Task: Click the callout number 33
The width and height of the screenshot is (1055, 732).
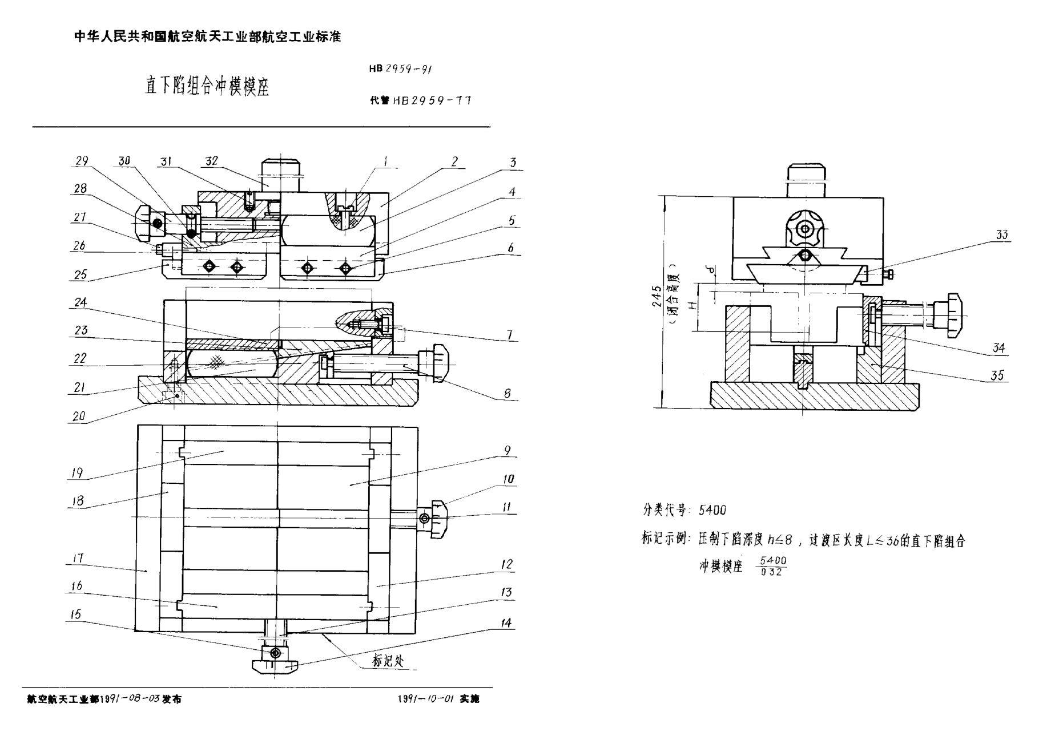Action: pyautogui.click(x=1001, y=234)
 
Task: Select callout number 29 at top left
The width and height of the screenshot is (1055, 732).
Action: pyautogui.click(x=82, y=161)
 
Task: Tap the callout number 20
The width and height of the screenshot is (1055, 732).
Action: pyautogui.click(x=79, y=416)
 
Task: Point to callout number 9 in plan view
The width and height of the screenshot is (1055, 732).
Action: pyautogui.click(x=507, y=451)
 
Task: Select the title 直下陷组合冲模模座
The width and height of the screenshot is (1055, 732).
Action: pyautogui.click(x=207, y=87)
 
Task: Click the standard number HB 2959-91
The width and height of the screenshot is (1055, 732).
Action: pyautogui.click(x=400, y=69)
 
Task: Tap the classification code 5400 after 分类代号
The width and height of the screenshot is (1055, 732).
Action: pyautogui.click(x=712, y=510)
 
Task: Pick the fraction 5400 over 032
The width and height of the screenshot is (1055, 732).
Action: pyautogui.click(x=773, y=566)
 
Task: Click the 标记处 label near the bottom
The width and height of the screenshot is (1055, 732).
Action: pyautogui.click(x=388, y=661)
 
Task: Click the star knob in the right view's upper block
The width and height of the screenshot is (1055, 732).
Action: pyautogui.click(x=805, y=229)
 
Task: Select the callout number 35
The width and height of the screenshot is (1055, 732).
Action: pyautogui.click(x=997, y=375)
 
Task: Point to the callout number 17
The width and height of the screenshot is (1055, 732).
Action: pyautogui.click(x=79, y=558)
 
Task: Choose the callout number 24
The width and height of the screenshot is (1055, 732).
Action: pyautogui.click(x=80, y=302)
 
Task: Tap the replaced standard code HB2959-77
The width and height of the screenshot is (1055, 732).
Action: pyautogui.click(x=432, y=100)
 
